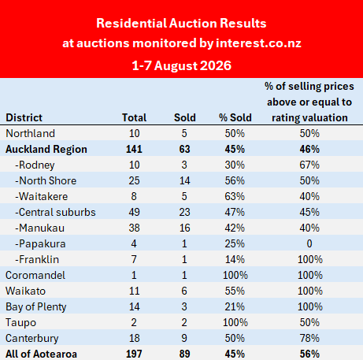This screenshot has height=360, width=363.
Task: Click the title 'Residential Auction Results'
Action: point(181,23)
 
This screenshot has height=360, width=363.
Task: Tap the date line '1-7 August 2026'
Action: point(181,65)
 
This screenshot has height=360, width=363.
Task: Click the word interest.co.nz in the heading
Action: point(258,43)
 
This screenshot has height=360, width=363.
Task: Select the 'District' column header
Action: point(24,117)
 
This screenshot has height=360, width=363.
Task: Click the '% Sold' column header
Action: point(235,117)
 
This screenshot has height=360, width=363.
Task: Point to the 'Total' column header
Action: point(134,117)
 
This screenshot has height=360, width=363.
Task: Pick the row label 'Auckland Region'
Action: point(46,149)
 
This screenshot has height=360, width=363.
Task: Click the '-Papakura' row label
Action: point(40,243)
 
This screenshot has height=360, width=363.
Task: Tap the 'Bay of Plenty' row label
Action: point(36,306)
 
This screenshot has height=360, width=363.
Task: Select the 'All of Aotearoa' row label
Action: point(41,354)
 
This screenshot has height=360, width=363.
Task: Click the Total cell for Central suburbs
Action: point(134,212)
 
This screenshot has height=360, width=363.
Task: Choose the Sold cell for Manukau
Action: point(185,228)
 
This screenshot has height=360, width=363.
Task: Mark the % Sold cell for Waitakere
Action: point(235,196)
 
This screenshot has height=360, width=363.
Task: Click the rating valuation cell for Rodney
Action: point(309,165)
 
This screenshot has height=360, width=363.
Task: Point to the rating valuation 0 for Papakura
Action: point(309,243)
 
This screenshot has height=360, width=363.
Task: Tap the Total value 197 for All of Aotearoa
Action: point(134,354)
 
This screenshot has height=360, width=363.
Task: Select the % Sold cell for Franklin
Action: point(235,259)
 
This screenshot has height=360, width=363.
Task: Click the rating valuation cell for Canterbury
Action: point(309,338)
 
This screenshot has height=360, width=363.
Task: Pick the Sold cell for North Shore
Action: point(185,180)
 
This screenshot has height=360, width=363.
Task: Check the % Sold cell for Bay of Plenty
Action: point(235,306)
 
